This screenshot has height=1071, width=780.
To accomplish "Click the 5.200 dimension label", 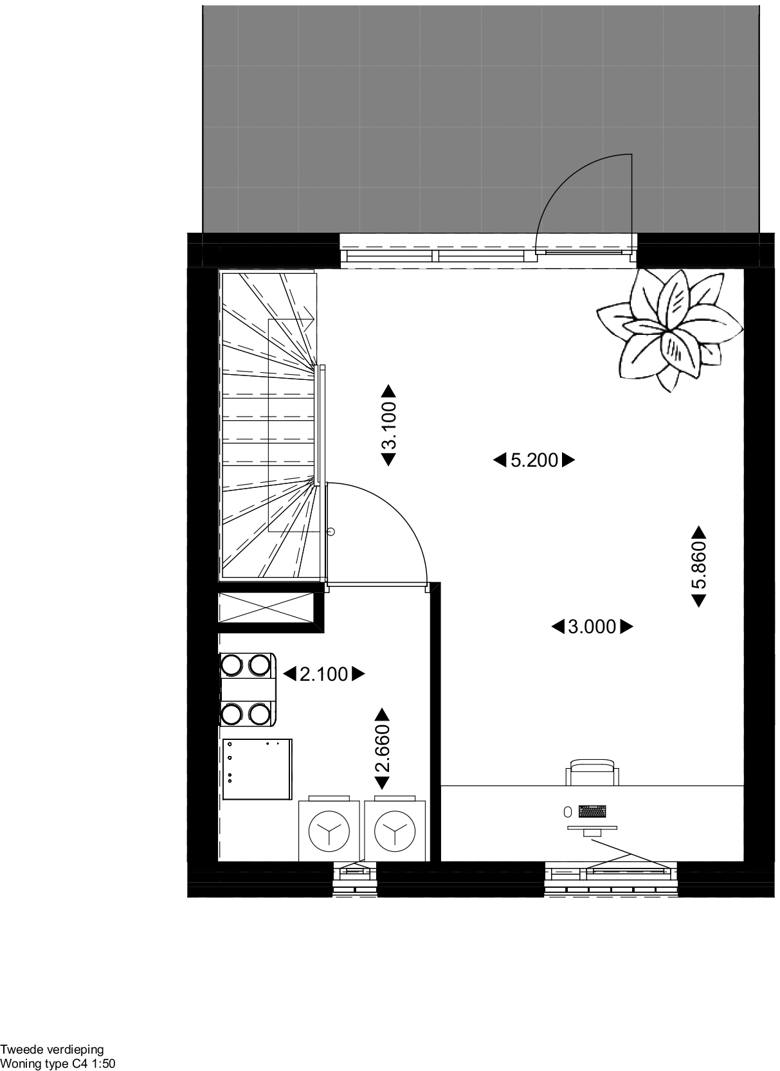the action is tap(534, 460).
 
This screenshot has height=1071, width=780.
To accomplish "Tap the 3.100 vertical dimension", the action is tap(389, 425).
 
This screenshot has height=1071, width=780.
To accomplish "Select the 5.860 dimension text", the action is tap(699, 566).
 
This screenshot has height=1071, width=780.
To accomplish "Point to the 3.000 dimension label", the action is tap(592, 627).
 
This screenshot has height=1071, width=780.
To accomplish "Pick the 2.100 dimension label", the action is tap(323, 674).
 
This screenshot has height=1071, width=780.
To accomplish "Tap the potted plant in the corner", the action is tap(669, 329).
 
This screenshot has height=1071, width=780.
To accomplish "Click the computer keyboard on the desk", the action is tap(592, 811).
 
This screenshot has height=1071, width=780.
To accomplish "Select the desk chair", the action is tap(592, 772).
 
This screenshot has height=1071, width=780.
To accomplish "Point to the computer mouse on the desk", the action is tap(568, 811).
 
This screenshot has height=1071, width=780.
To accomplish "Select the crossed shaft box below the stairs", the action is tap(266, 608).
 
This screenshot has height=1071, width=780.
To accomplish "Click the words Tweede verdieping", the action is tap(52, 1050).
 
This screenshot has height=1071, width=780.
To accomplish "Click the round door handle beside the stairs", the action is tap(331, 532).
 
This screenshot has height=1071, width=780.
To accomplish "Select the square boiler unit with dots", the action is tap(257, 770).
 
